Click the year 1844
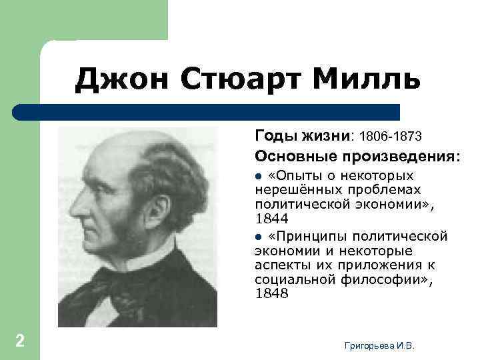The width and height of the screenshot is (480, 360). tap(272, 219)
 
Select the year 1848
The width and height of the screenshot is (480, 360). tap(272, 293)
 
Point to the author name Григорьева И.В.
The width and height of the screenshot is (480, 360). tap(379, 345)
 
